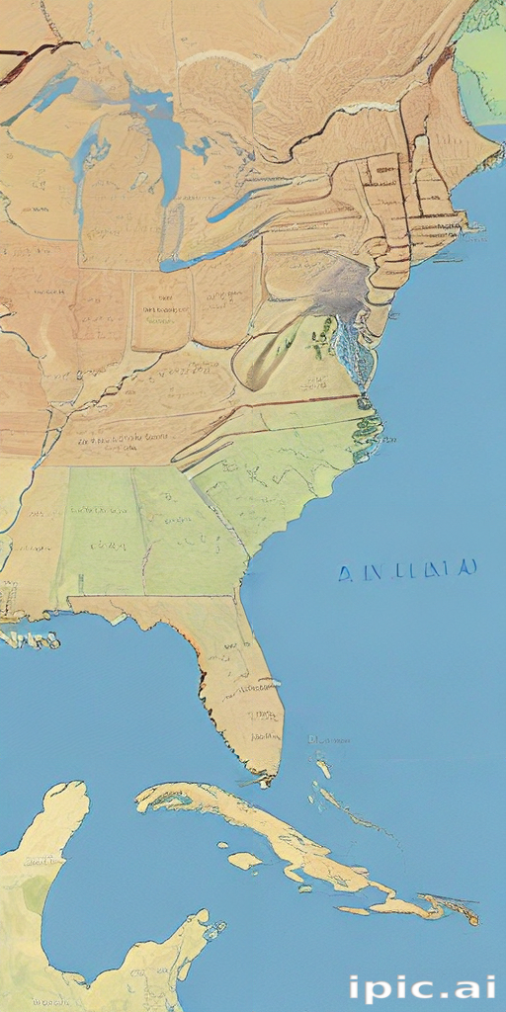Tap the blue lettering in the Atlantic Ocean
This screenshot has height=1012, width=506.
(407, 570)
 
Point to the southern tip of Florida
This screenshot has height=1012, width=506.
(264, 776)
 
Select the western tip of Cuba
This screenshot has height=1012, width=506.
(141, 801)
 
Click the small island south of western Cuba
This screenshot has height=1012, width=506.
(244, 860)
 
